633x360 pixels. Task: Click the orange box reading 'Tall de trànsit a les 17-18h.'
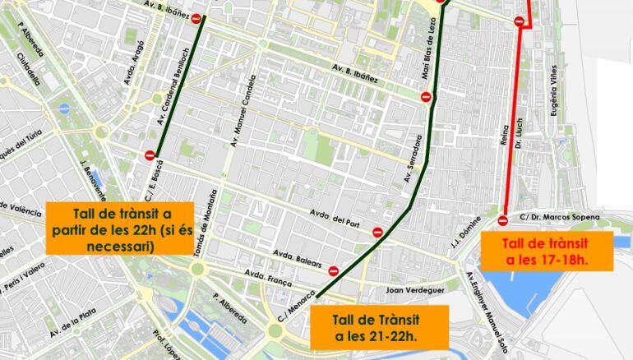547,252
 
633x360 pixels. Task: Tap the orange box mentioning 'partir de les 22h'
122,228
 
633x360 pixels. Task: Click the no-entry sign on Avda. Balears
334,270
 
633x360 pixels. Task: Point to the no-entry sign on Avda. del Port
377,233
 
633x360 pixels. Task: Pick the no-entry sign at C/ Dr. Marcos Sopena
503,219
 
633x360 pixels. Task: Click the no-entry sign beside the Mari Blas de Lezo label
426,97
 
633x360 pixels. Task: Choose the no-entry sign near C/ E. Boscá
150,155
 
